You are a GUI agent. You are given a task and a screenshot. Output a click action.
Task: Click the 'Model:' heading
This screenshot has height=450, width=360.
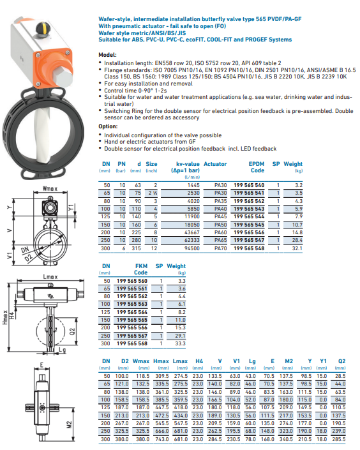107,55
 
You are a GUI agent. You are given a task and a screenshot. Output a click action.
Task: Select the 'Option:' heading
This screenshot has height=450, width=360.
108,126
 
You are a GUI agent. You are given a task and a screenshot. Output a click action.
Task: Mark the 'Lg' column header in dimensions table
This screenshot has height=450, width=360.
252,361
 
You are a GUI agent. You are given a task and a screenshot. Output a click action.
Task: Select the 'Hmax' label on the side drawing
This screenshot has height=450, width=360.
4,317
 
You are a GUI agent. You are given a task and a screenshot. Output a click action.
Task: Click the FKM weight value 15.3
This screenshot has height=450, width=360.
181,327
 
